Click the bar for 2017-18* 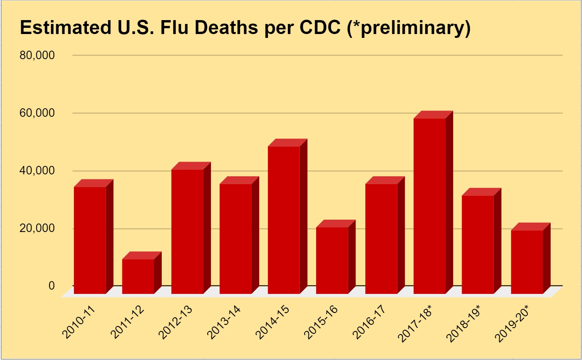pyautogui.click(x=430, y=205)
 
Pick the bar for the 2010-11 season pyautogui.click(x=90, y=240)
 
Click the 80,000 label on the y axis pyautogui.click(x=37, y=55)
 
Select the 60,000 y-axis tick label pyautogui.click(x=37, y=113)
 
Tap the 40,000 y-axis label pyautogui.click(x=37, y=171)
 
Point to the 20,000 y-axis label pyautogui.click(x=37, y=228)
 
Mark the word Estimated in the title pyautogui.click(x=65, y=27)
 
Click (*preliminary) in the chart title pyautogui.click(x=409, y=28)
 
